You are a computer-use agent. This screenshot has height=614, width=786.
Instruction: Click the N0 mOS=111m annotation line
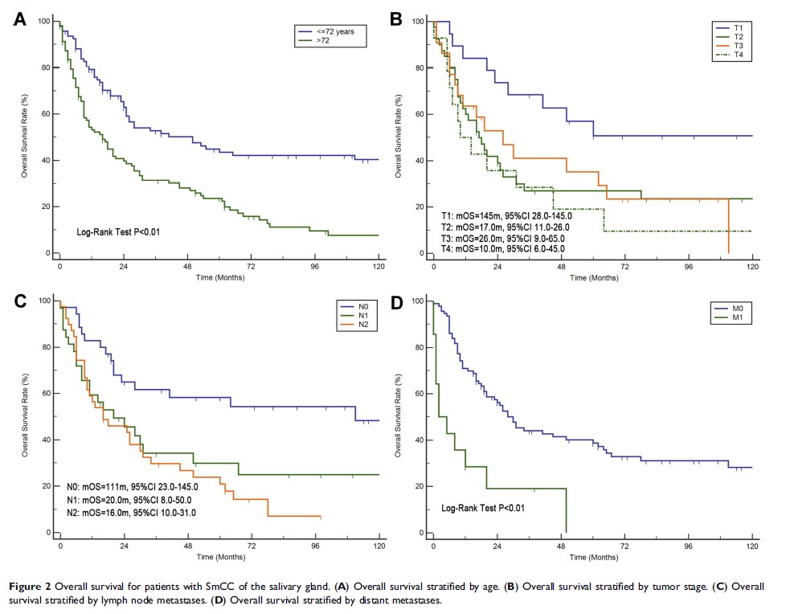point(133,486)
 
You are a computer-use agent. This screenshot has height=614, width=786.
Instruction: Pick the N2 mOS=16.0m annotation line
point(133,512)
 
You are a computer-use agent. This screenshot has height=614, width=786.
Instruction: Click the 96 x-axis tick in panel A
point(316,265)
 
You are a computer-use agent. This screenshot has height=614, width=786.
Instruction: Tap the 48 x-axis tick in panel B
point(562,265)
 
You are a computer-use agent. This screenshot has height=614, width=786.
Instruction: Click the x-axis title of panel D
point(593,556)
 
